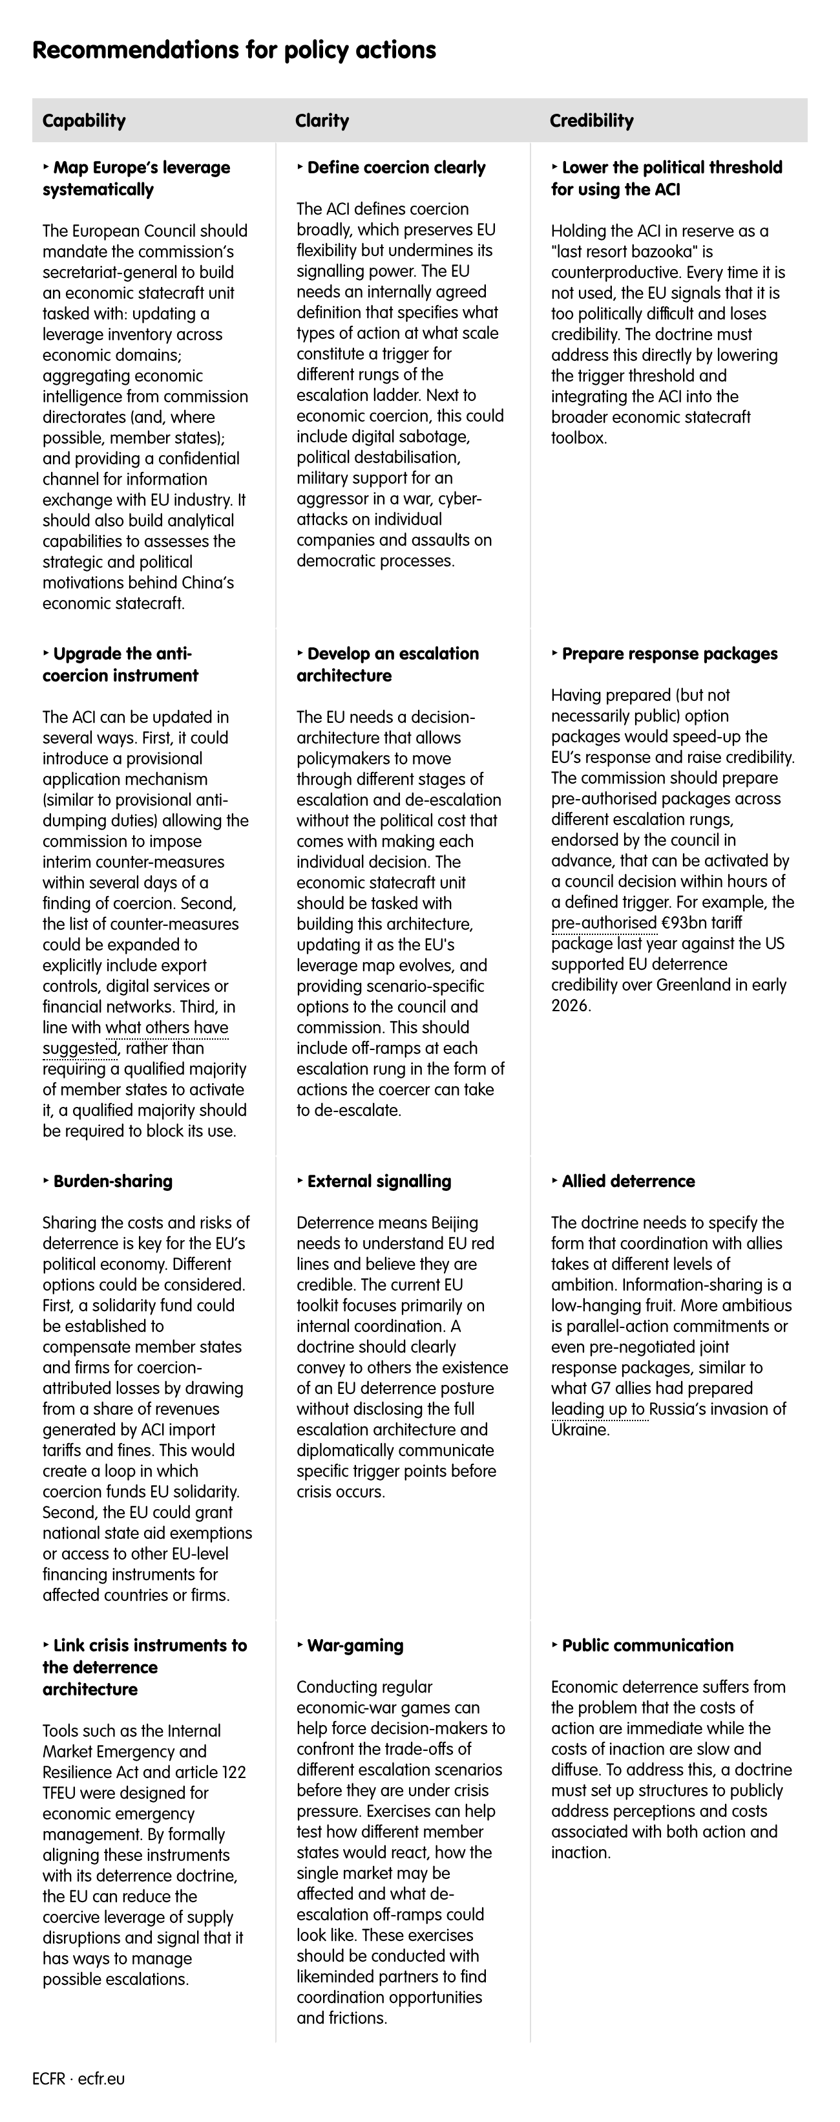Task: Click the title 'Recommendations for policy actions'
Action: [x=234, y=50]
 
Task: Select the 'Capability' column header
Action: [x=84, y=120]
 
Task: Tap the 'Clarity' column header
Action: [x=322, y=120]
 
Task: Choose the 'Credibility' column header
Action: [x=591, y=120]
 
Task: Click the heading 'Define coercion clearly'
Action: [x=396, y=167]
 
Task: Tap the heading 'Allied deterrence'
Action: [x=627, y=1181]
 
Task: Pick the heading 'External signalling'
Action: [x=379, y=1181]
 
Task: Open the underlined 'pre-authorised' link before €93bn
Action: [x=604, y=923]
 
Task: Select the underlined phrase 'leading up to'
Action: [x=598, y=1409]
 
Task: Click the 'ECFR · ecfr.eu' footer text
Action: [x=79, y=2078]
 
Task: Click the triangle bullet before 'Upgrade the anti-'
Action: [x=45, y=652]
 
